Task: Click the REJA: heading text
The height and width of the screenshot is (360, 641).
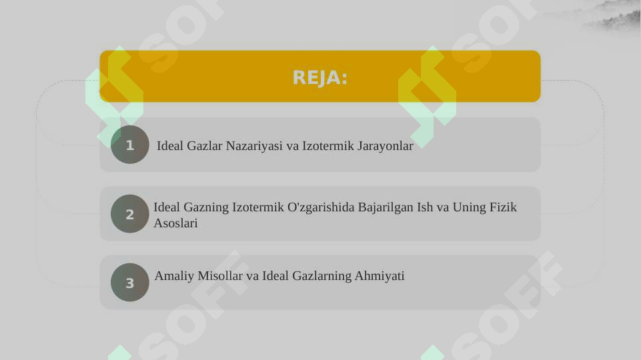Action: [320, 78]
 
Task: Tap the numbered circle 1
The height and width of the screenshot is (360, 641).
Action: [130, 145]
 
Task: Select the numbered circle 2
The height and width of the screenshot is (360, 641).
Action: [130, 214]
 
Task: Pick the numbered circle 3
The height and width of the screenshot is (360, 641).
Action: [130, 283]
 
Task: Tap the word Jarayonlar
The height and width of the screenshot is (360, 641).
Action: [386, 145]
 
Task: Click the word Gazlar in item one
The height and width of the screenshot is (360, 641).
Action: [205, 145]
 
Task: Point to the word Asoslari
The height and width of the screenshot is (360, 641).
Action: [175, 223]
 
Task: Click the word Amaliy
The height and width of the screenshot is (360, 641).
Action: [172, 276]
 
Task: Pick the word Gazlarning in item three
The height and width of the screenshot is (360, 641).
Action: [323, 276]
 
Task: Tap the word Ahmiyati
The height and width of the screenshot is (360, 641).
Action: [380, 276]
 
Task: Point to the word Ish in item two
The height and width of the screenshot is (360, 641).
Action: [425, 207]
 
